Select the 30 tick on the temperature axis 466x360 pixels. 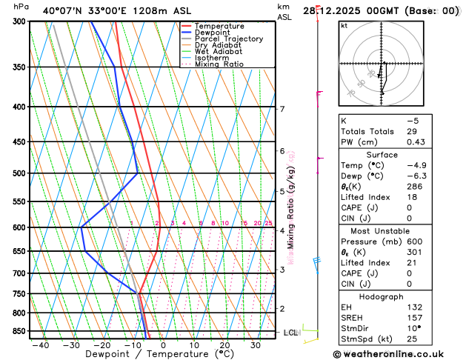[255, 345]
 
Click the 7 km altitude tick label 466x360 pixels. [282, 110]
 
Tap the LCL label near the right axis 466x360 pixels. [290, 333]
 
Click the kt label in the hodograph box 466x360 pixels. [344, 25]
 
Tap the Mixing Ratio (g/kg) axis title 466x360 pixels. [291, 207]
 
